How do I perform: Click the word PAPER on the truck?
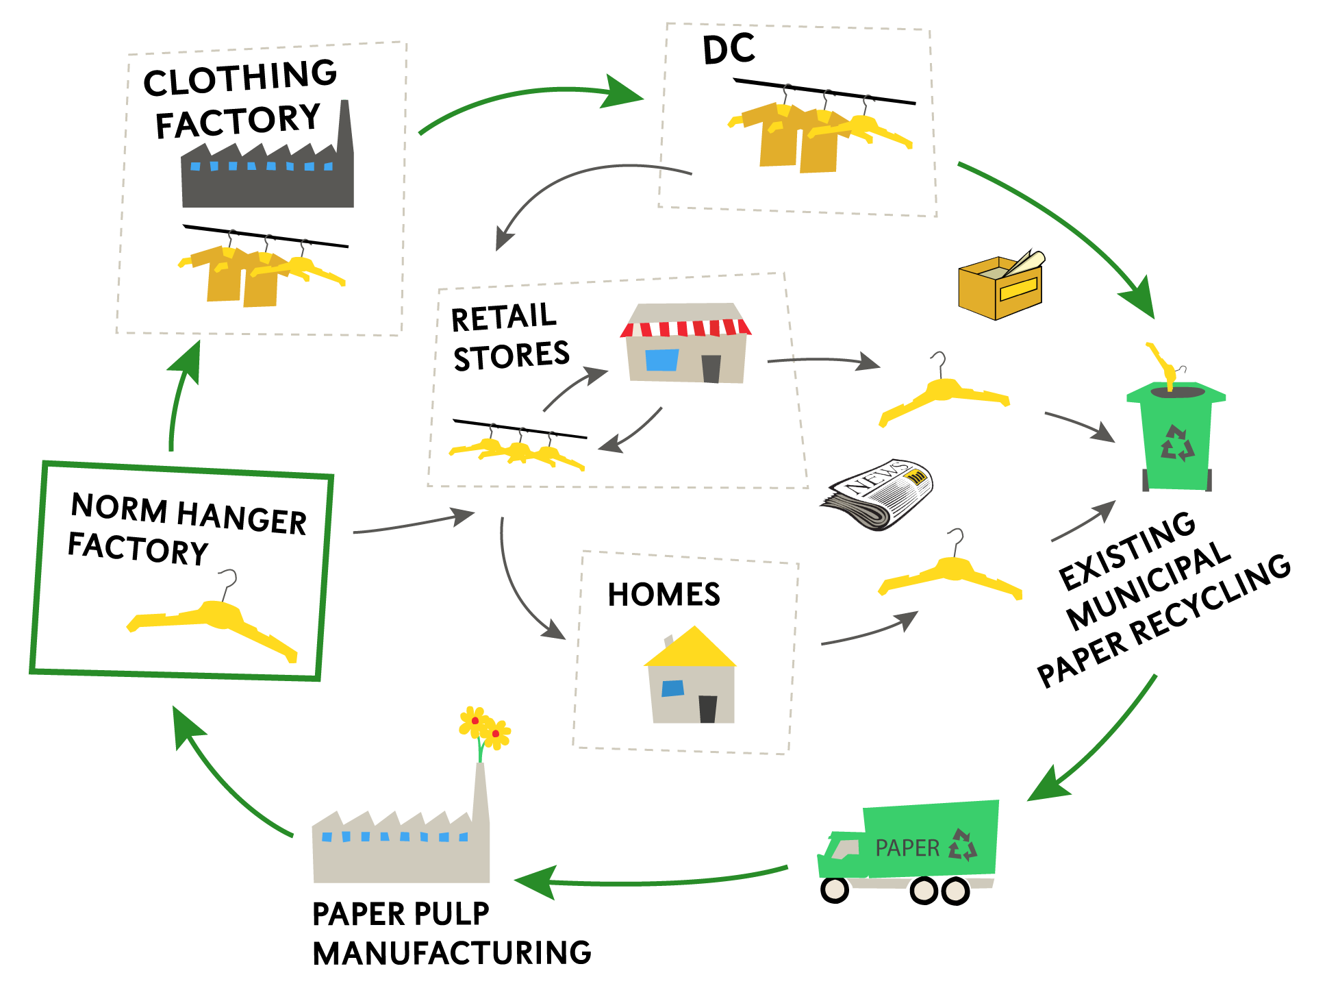[907, 848]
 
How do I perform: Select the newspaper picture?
[876, 493]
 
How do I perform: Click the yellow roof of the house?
[691, 649]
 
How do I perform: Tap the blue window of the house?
[672, 688]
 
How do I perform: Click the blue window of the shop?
[661, 360]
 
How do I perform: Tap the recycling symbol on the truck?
[963, 845]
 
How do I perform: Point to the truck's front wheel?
[835, 889]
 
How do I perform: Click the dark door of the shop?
[711, 369]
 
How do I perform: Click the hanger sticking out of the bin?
[1162, 363]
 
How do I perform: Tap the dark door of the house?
[707, 709]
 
